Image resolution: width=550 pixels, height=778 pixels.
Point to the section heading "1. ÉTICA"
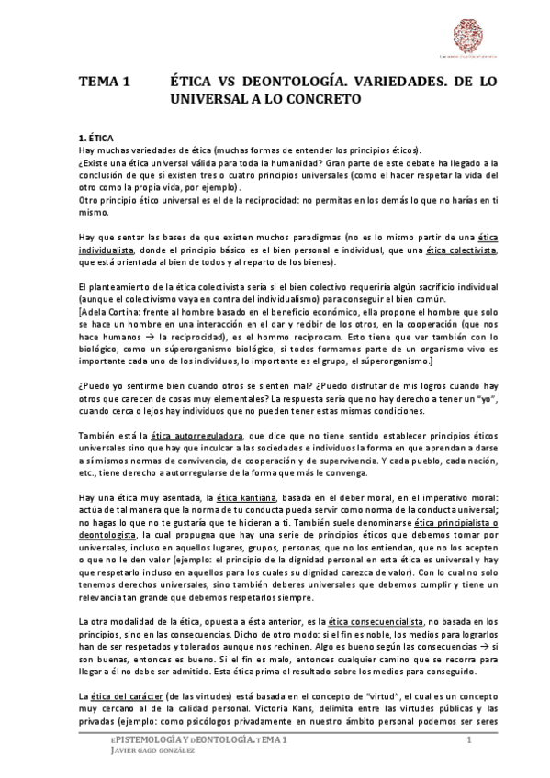[x=95, y=137]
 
